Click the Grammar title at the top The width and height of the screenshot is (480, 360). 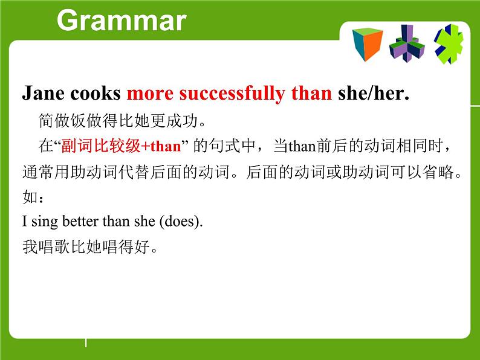[121, 21]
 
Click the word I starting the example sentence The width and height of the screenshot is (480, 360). [24, 222]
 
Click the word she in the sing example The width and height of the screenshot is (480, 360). [145, 222]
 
